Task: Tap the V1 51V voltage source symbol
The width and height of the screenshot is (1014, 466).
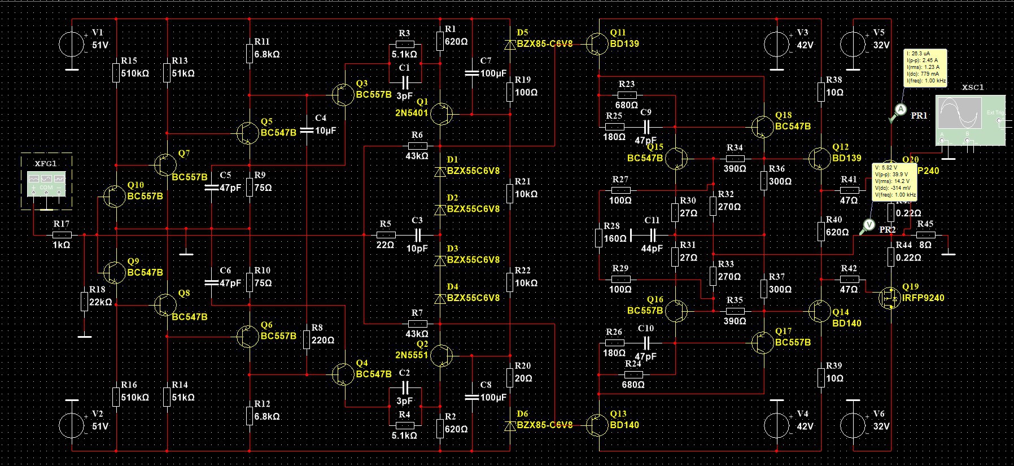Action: [72, 43]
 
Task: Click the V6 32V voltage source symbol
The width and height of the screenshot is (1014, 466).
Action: [853, 425]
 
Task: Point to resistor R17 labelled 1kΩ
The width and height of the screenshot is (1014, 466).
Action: [62, 234]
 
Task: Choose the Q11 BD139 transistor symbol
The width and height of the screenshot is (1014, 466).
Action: [595, 43]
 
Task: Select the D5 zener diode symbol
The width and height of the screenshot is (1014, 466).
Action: [510, 43]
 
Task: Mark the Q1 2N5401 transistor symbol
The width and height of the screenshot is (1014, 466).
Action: [441, 114]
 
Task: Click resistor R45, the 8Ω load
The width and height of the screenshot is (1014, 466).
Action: [925, 234]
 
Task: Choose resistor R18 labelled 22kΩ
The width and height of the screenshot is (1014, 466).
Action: [84, 302]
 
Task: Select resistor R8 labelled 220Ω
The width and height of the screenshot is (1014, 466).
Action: [307, 339]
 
